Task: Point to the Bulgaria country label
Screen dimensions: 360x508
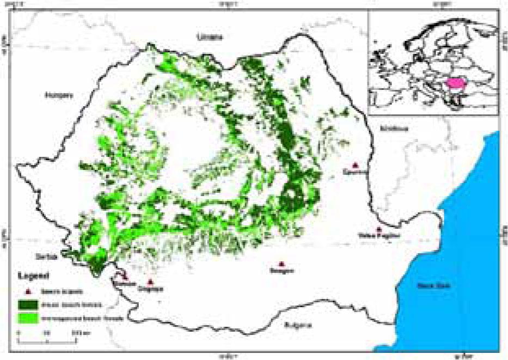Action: [x=297, y=325]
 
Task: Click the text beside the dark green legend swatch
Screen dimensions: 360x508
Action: [x=82, y=303]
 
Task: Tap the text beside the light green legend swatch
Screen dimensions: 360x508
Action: [x=88, y=317]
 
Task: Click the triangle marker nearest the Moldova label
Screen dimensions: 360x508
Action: [x=356, y=164]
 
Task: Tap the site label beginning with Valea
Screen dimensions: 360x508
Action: [x=378, y=236]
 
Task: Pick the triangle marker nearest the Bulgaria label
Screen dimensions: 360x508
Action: [x=281, y=264]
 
